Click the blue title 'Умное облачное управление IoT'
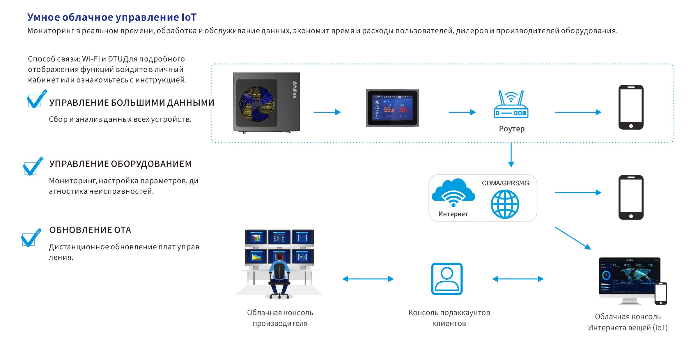point(112,17)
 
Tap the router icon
point(511,104)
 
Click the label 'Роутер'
point(512,129)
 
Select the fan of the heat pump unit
point(257,104)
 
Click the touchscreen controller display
point(392,108)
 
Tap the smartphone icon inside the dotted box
point(631,107)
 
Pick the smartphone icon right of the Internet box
point(631,197)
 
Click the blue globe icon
point(505,204)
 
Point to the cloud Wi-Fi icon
point(453,192)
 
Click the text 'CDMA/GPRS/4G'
point(505,183)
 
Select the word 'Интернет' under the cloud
point(453,214)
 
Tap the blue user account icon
point(447,279)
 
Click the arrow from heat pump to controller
point(327,112)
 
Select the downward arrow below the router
point(511,155)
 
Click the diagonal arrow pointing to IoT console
point(573,238)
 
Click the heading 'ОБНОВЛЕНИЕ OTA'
point(90,230)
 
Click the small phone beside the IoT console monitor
point(661,294)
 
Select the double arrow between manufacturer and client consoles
point(368,279)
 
